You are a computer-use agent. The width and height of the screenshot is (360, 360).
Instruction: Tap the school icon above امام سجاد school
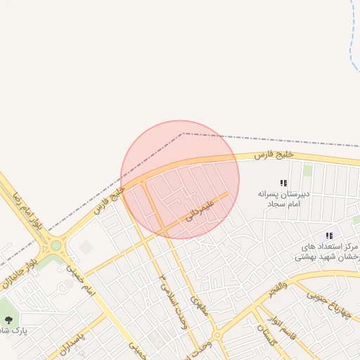click(x=283, y=183)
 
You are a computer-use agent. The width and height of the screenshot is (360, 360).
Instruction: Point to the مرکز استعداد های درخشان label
click(x=330, y=252)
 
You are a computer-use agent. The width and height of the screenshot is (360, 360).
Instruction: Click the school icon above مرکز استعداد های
click(x=328, y=236)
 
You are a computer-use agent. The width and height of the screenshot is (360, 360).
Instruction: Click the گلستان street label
click(x=268, y=335)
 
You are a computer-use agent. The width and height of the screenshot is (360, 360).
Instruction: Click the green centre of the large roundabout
click(x=56, y=246)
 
